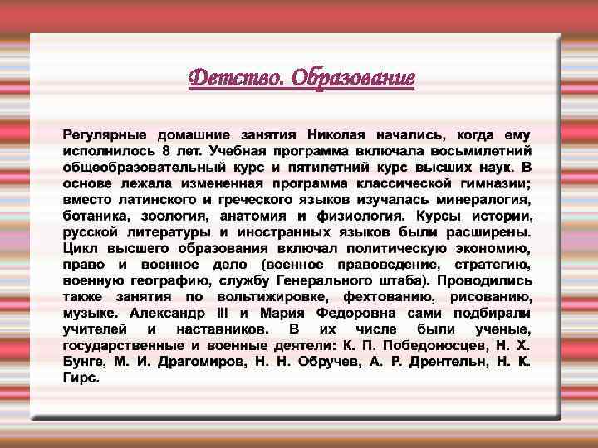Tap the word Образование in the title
click(x=355, y=79)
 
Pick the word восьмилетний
click(x=484, y=151)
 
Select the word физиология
click(x=376, y=216)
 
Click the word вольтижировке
click(x=270, y=297)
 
